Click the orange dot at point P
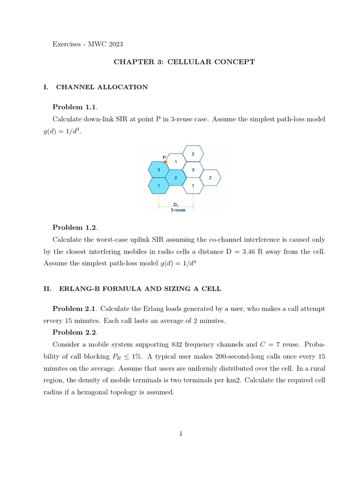point(165,162)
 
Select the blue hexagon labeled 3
point(158,170)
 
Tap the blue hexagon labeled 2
point(175,178)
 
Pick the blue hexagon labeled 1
point(158,186)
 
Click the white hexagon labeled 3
point(193,170)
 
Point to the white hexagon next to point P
point(176,162)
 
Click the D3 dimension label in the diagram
point(176,205)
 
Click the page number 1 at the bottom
point(180,434)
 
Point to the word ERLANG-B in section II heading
point(76,289)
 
